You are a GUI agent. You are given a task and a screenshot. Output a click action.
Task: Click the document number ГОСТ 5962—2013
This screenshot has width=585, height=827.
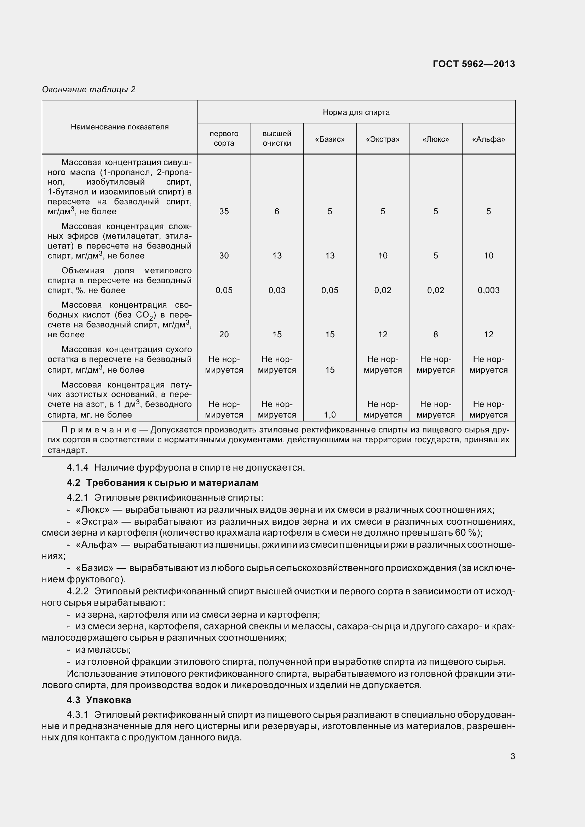coord(474,64)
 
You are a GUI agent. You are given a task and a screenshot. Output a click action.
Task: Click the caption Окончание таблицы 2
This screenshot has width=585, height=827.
coord(89,89)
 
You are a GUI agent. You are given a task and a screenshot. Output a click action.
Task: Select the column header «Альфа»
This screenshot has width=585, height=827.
coord(488,139)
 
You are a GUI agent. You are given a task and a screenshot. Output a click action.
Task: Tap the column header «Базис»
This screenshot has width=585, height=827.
coord(329,139)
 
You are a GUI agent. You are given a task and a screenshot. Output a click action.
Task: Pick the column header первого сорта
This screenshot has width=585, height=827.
coord(224,138)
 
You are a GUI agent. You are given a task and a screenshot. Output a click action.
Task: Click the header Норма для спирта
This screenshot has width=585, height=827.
coord(356,112)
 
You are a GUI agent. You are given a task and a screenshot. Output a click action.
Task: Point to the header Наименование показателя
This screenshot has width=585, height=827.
coord(120,127)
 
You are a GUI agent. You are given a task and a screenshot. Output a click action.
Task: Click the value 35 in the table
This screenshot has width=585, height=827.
coord(224,211)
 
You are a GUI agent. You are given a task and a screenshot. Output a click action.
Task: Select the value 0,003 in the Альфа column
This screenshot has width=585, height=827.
coord(488,290)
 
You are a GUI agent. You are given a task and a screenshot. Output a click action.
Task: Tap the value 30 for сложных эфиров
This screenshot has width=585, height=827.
coord(224,256)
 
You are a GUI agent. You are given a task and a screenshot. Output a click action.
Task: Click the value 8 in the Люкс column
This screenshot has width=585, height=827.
coord(435,334)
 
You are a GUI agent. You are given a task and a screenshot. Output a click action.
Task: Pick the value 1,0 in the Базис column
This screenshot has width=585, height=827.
coord(329,415)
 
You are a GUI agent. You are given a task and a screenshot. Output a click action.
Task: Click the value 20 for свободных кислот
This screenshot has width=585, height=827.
coord(224,334)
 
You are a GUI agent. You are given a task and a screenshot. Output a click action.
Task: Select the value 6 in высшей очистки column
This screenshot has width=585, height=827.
coord(276,211)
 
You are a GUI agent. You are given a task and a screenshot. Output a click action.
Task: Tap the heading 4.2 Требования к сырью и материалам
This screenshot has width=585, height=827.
coord(162,483)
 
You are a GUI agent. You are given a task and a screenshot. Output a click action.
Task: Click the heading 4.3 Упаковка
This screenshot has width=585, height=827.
coord(99,700)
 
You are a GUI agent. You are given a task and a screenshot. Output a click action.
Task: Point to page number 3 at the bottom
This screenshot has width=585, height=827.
coord(512,756)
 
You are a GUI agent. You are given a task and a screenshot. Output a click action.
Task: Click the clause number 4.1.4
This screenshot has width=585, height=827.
coord(78,467)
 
